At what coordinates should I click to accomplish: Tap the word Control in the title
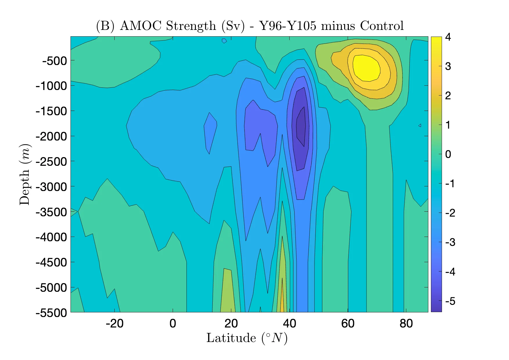(x=382, y=26)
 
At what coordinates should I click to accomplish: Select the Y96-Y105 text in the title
(x=287, y=26)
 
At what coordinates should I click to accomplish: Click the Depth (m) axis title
(x=25, y=174)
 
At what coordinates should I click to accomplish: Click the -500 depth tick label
(x=55, y=61)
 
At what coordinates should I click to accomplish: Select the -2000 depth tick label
(x=51, y=136)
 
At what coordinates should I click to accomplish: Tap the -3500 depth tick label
(x=51, y=212)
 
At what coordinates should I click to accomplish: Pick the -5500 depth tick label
(x=51, y=313)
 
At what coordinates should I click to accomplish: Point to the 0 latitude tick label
(x=173, y=323)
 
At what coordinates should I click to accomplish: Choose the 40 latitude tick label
(x=289, y=323)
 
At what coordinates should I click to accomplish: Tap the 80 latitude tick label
(x=406, y=323)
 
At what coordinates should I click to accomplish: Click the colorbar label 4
(x=448, y=37)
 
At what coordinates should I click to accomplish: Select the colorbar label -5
(x=450, y=301)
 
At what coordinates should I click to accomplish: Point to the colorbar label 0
(x=448, y=154)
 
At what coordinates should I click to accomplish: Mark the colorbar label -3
(x=450, y=242)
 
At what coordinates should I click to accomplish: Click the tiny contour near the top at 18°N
(x=224, y=41)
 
